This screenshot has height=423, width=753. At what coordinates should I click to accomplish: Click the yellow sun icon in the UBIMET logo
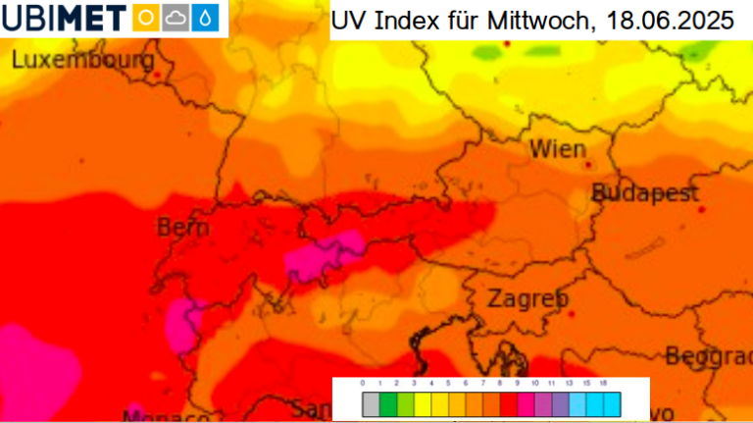tap(145, 18)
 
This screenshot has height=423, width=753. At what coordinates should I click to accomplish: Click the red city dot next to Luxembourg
tap(155, 73)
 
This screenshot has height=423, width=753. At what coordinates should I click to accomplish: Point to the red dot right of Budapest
tap(701, 209)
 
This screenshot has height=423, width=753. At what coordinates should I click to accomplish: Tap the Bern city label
tap(183, 228)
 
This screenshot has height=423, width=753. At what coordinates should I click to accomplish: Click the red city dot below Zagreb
tap(572, 313)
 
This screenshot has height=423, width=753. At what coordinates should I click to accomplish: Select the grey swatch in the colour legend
tap(370, 403)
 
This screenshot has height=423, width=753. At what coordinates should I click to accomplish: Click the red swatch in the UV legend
tap(507, 403)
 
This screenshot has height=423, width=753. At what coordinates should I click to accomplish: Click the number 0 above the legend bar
tap(363, 384)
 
